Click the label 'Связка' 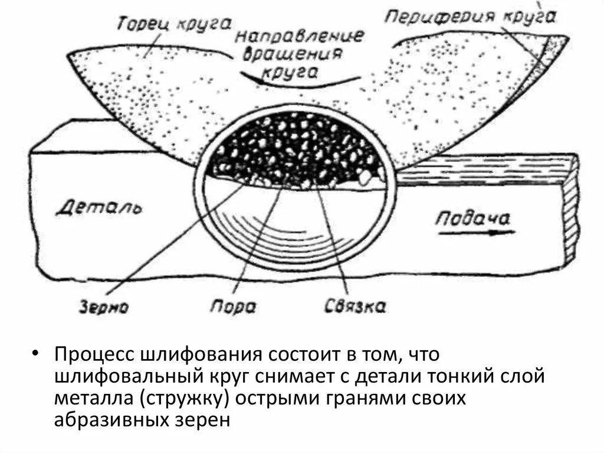click(x=355, y=307)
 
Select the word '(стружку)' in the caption click(x=185, y=399)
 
